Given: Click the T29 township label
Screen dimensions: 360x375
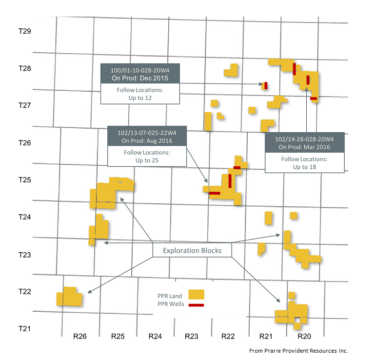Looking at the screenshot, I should (x=25, y=31).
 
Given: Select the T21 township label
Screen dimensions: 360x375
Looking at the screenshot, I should (x=25, y=328).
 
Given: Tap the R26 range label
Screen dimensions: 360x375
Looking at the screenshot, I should (x=80, y=336).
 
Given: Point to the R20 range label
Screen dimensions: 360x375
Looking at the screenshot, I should (x=304, y=336).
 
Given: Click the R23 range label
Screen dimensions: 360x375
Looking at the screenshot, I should (x=192, y=336).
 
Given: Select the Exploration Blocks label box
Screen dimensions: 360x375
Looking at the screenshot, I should (x=192, y=251).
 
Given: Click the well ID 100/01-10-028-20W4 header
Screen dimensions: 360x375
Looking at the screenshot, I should (x=139, y=69).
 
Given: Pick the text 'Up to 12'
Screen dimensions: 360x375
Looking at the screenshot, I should (x=139, y=98).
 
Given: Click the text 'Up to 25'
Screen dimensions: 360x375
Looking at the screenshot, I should (x=146, y=160).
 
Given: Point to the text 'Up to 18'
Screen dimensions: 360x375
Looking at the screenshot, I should (x=304, y=167).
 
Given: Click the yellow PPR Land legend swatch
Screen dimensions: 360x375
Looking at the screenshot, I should (x=197, y=295).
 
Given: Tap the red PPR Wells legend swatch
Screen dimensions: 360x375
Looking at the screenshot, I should (x=197, y=305).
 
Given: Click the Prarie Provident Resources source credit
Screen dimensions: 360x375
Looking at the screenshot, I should (x=298, y=350).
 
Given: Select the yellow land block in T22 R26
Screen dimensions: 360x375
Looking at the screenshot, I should (x=69, y=297).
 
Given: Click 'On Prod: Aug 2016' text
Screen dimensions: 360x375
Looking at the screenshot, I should (x=146, y=140).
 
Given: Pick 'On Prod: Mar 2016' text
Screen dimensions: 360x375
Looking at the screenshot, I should (x=304, y=147).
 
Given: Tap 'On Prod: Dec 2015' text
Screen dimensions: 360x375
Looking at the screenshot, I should (x=139, y=78).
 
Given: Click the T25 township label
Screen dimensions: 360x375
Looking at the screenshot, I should (x=25, y=180).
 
